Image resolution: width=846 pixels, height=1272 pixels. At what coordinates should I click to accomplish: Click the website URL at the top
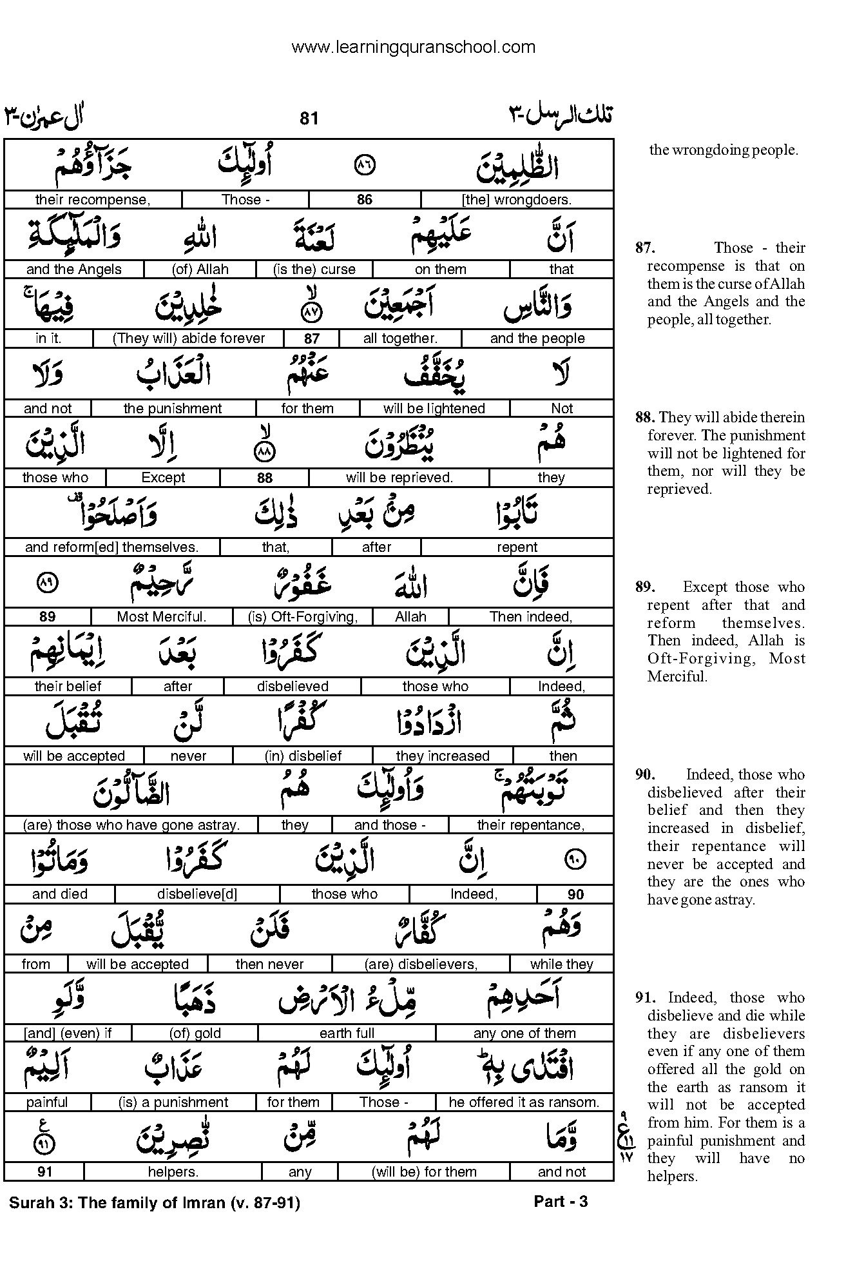pyautogui.click(x=413, y=46)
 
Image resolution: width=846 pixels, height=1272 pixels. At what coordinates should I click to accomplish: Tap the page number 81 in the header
pyautogui.click(x=309, y=118)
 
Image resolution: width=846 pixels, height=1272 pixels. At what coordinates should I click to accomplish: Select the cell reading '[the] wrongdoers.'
pyautogui.click(x=517, y=200)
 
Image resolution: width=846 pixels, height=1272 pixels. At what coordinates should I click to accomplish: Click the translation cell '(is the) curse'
pyautogui.click(x=314, y=269)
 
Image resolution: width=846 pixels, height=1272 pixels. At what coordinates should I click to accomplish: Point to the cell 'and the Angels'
pyautogui.click(x=74, y=269)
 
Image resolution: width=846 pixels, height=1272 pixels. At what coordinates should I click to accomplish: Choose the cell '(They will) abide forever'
pyautogui.click(x=189, y=338)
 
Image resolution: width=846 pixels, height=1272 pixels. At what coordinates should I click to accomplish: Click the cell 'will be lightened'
pyautogui.click(x=434, y=408)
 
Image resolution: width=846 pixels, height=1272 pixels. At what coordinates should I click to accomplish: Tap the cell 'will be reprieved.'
pyautogui.click(x=399, y=478)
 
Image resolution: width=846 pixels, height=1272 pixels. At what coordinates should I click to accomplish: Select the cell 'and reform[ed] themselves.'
pyautogui.click(x=111, y=547)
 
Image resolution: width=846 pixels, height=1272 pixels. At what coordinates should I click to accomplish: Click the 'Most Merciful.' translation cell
pyautogui.click(x=161, y=617)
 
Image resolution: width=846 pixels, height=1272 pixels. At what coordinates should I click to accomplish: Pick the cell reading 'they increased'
pyautogui.click(x=443, y=756)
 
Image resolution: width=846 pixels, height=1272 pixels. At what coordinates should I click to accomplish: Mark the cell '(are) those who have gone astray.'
pyautogui.click(x=131, y=825)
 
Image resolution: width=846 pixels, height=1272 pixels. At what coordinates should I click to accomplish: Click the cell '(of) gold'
pyautogui.click(x=195, y=1033)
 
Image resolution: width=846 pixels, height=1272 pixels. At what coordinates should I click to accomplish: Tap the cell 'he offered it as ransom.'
pyautogui.click(x=524, y=1102)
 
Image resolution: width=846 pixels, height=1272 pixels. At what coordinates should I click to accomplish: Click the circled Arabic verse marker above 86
pyautogui.click(x=365, y=166)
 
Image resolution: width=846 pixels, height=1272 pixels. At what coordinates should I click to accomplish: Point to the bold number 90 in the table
pyautogui.click(x=575, y=894)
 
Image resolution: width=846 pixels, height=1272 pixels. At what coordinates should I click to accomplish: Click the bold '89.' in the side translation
pyautogui.click(x=645, y=587)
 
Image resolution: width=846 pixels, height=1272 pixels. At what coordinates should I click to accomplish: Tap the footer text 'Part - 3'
pyautogui.click(x=561, y=1201)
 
